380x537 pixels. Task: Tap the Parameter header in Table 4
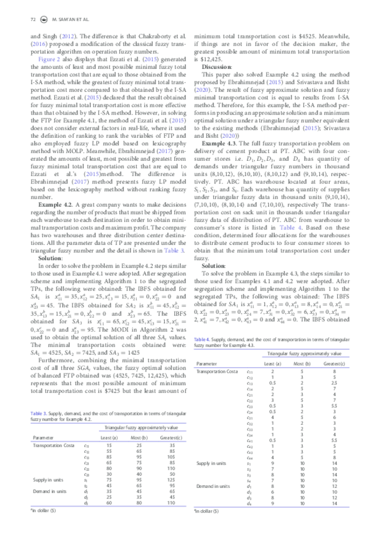(x=207, y=363)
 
